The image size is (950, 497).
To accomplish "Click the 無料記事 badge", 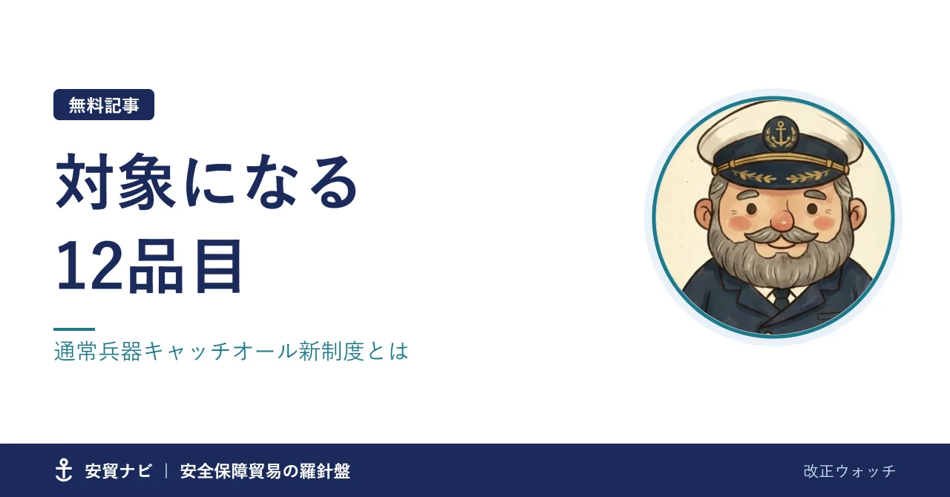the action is [x=104, y=105].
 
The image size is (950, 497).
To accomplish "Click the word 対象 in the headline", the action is [x=115, y=181].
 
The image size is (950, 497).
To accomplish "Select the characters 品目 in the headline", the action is [x=185, y=266].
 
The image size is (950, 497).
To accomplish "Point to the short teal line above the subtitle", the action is [x=74, y=329].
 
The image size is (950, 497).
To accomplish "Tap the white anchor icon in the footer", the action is [x=64, y=470].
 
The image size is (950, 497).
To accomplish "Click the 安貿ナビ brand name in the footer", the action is [x=118, y=471].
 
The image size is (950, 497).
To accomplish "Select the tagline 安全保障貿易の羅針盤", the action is [x=265, y=471].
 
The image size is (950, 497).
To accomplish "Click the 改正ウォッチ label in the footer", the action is [x=850, y=471].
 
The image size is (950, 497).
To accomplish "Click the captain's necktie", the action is [x=781, y=298].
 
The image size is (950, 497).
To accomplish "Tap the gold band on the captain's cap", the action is [x=780, y=164].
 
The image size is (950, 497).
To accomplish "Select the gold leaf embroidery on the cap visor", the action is [x=780, y=176].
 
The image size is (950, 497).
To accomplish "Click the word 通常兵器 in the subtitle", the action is [x=99, y=352].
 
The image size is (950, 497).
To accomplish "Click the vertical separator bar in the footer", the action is [x=166, y=471].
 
